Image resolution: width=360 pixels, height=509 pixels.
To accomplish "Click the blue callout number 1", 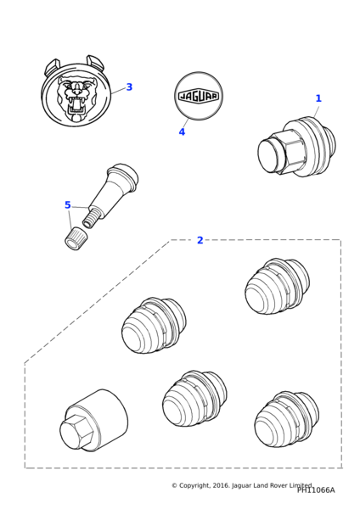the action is pos(318,98).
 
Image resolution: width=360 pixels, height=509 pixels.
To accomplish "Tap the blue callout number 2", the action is pos(200,240).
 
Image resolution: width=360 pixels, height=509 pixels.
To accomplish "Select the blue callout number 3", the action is pos(129,87).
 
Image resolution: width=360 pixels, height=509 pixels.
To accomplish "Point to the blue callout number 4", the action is pos(182,131).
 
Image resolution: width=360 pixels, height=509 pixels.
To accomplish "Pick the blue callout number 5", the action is pos(68,205).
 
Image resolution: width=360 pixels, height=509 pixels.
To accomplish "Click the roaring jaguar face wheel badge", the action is pos(76,93).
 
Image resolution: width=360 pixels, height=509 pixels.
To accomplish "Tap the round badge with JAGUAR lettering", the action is pos(199,96).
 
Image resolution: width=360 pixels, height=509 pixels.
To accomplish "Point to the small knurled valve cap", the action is pos(75,238).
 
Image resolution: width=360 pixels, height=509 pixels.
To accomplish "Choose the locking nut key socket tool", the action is pos(94,420).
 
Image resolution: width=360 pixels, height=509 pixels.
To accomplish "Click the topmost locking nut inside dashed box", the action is pos(277,287).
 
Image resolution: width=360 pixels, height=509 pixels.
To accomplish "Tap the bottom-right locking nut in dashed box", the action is pos(287,419).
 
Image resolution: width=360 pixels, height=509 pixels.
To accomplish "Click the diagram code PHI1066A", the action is pos(316,489).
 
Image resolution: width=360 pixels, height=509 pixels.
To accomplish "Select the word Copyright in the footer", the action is pos(194,485).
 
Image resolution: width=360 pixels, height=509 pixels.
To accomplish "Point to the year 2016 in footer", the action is pos(222,485).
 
